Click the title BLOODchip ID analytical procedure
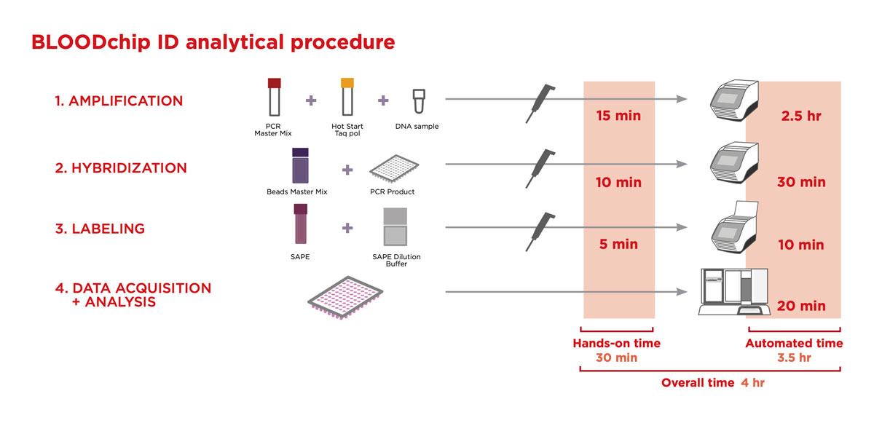tap(213, 42)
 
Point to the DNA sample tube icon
tap(418, 103)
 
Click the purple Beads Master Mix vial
tap(300, 167)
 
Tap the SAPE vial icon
tap(300, 225)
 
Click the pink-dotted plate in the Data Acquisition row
tap(347, 296)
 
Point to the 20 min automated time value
tap(800, 307)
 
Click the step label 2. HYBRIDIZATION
tap(121, 168)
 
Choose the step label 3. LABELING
tap(100, 229)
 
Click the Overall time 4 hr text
tap(713, 382)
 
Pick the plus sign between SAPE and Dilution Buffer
tap(347, 228)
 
